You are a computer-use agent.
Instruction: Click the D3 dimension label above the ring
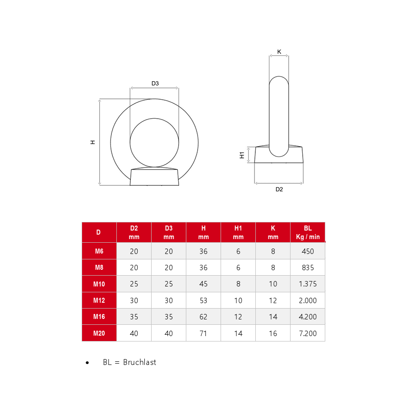coord(155,83)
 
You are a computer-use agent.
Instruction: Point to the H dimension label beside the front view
coord(92,142)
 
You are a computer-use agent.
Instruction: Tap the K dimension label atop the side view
coord(279,52)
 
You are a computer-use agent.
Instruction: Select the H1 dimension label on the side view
coord(242,155)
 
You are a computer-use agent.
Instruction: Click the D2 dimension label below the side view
coord(279,189)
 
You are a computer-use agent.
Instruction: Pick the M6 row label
coord(99,251)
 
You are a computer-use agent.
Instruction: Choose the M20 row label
coord(99,333)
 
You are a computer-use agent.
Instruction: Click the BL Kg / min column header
coord(308,232)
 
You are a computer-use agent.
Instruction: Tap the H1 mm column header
coord(238,232)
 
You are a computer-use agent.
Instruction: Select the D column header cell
coord(98,232)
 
